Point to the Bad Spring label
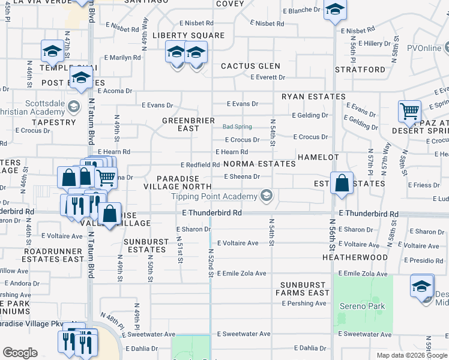tap(237, 127)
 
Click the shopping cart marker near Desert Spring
tap(409, 111)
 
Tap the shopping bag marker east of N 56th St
tap(342, 184)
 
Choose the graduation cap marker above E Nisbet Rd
tap(334, 10)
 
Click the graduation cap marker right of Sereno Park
tap(422, 286)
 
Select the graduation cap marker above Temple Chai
tap(52, 51)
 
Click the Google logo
tap(20, 353)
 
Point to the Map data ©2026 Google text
tap(412, 355)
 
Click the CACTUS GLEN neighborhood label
tap(250, 66)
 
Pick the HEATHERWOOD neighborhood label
tap(363, 257)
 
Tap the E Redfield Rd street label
tap(200, 165)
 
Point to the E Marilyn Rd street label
tap(122, 58)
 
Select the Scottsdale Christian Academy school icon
tap(73, 107)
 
